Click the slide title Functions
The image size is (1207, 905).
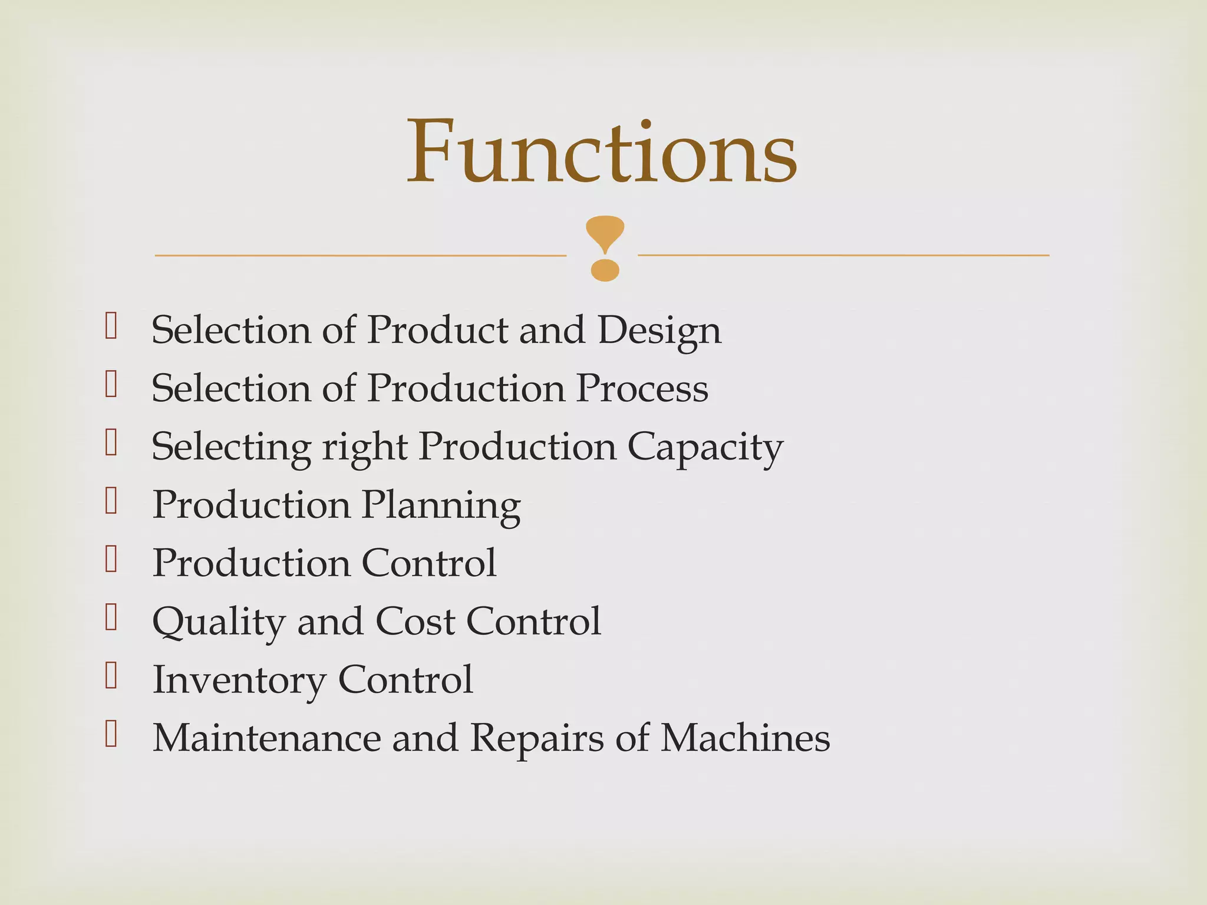[x=602, y=151]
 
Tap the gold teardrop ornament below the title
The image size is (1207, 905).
[x=605, y=247]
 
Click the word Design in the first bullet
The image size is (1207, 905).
[x=659, y=331]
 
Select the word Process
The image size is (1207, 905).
[x=642, y=389]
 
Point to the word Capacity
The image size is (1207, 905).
[x=705, y=448]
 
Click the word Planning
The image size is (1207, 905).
[x=441, y=506]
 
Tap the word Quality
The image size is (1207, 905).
[x=219, y=622]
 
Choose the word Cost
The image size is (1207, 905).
[x=415, y=622]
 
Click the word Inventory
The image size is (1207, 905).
[x=239, y=680]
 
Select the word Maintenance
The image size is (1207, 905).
[x=266, y=738]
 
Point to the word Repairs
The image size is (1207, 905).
[x=537, y=739]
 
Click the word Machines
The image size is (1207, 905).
[x=744, y=738]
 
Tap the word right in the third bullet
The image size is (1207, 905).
[x=364, y=448]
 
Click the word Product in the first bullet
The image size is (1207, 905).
[x=437, y=330]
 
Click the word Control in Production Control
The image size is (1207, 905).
[x=428, y=563]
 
